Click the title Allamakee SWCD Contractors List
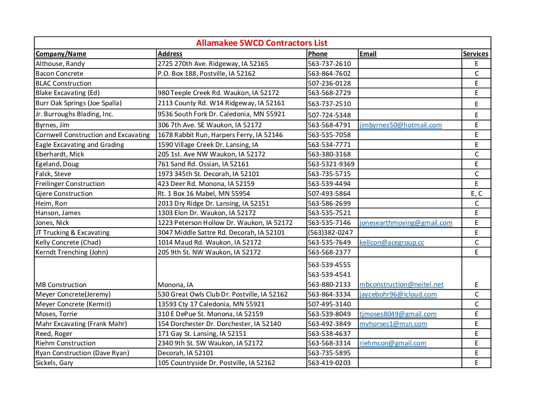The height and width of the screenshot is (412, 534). (261, 43)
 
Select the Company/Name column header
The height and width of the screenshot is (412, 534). (61, 54)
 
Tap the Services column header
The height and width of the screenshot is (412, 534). (476, 54)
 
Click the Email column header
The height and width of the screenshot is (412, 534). (368, 54)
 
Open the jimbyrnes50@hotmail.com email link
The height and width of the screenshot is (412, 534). (400, 125)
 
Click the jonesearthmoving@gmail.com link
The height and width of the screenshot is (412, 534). (406, 223)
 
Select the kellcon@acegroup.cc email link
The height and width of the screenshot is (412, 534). (392, 242)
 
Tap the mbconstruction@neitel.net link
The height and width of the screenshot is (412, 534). (401, 284)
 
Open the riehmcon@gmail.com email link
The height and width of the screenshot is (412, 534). (393, 343)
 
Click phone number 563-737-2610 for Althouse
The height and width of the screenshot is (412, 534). (329, 64)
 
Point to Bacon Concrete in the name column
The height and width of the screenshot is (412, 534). (60, 73)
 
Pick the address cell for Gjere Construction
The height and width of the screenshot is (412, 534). (204, 194)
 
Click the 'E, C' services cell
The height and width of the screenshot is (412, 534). (476, 194)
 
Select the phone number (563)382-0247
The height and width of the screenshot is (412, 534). (330, 233)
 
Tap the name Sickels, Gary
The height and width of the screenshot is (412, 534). (54, 363)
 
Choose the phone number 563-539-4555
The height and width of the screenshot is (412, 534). (329, 265)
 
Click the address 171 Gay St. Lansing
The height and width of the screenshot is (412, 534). (202, 334)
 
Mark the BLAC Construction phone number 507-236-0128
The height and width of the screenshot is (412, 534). (329, 83)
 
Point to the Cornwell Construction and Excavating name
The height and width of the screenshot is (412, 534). (93, 135)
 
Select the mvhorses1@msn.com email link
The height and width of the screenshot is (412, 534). (393, 324)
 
